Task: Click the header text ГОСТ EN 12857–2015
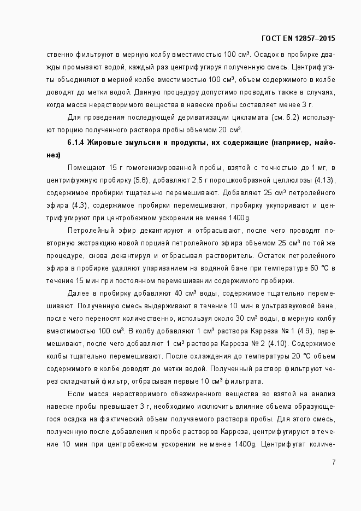[299, 38]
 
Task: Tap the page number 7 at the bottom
[334, 462]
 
